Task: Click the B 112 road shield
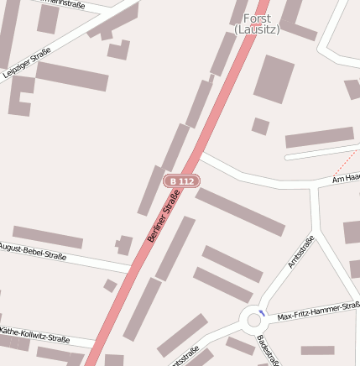[181, 180]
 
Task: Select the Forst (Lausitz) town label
[257, 24]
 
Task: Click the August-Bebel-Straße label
[32, 249]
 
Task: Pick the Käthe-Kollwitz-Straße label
[34, 335]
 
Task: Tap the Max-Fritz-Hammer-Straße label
[319, 311]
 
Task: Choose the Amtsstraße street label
[300, 252]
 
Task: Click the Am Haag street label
[346, 178]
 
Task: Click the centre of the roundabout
[253, 319]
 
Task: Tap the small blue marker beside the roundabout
[263, 312]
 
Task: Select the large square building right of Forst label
[274, 79]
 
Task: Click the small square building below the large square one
[260, 127]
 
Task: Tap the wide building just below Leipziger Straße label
[71, 76]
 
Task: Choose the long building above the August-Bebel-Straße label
[48, 237]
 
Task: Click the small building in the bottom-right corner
[318, 351]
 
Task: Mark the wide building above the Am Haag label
[320, 138]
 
